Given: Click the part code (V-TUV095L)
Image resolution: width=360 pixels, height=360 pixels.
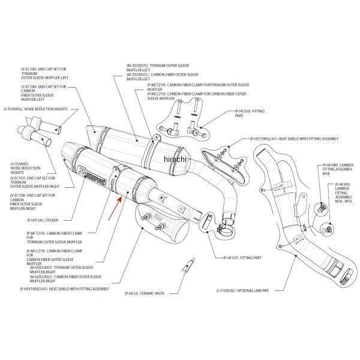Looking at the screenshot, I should coord(13,109).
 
